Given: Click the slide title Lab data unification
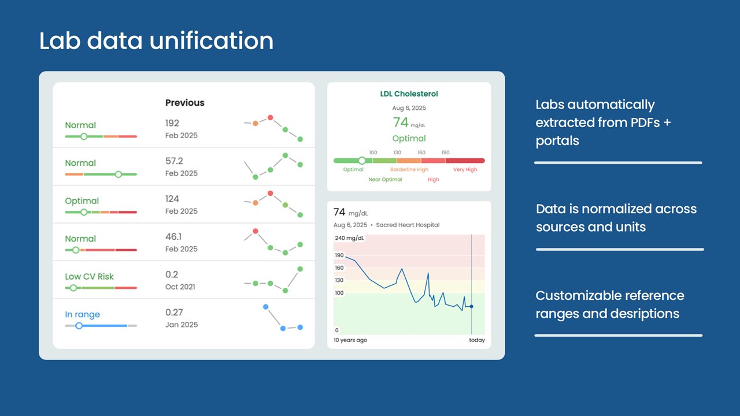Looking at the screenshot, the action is coord(156,41).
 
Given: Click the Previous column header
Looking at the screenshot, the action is coord(184,103).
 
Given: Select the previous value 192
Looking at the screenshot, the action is coord(172,123).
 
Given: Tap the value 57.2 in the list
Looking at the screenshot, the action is coord(174,161).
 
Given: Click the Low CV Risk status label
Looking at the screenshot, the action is coord(89,276).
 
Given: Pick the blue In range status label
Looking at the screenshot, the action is coord(82,314).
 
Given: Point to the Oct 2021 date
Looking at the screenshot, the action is coord(180,287).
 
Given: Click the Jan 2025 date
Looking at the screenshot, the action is coord(182,325).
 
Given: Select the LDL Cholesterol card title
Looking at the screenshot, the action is coord(409,94).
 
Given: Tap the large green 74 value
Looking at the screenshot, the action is coord(401,122).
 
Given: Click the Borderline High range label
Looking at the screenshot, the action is coord(409,169).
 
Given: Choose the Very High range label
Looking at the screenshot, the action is coord(465,169).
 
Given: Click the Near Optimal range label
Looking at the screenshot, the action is coord(385,179).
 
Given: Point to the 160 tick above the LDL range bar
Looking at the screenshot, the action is coord(421,153).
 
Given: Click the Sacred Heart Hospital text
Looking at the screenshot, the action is coord(408,225).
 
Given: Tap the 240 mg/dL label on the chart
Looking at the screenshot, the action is coord(349,238).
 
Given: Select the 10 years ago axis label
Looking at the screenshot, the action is coord(350,340).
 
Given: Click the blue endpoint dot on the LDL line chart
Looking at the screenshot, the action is coord(471,307).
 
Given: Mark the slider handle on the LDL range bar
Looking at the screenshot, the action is coord(362,161).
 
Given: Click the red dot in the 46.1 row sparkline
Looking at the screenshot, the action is coord(256,231).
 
